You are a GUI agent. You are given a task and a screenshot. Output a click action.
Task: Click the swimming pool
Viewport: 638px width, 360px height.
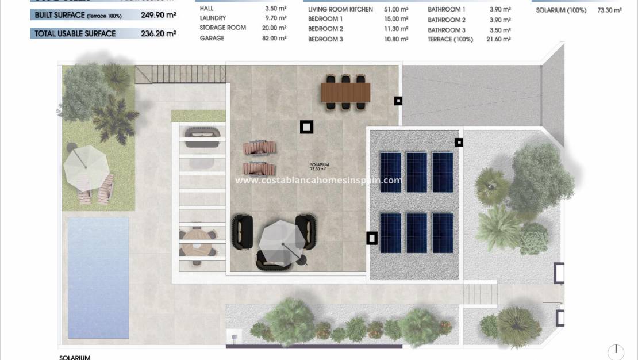click(98, 277)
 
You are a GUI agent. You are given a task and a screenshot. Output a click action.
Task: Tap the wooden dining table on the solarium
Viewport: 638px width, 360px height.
click(345, 91)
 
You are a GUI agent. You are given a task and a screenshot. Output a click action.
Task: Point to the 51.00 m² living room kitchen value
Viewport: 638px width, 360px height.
click(397, 9)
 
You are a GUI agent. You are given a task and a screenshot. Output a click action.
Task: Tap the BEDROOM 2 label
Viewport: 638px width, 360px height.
click(325, 29)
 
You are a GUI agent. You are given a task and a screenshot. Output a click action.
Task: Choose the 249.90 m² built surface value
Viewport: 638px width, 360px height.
click(158, 16)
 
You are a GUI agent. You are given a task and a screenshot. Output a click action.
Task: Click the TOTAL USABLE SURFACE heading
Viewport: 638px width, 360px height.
click(75, 33)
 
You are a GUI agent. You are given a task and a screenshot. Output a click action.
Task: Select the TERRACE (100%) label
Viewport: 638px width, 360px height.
click(451, 39)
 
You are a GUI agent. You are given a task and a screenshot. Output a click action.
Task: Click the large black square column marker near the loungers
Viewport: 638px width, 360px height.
click(306, 127)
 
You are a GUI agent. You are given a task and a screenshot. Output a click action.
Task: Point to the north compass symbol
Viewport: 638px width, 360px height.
click(616, 350)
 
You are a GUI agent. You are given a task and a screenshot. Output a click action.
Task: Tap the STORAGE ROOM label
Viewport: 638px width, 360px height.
click(222, 28)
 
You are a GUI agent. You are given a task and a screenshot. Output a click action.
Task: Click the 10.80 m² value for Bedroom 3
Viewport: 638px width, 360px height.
click(396, 39)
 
